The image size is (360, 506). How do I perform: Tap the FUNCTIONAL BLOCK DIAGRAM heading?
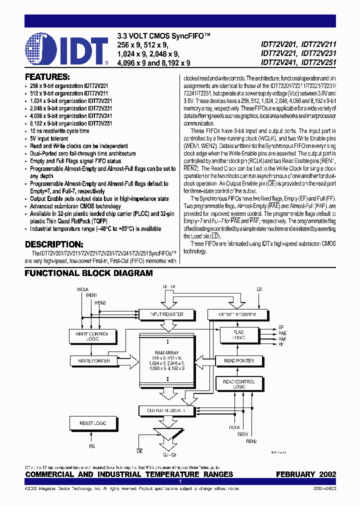[x=89, y=273]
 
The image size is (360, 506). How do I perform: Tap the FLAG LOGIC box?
[x=239, y=334]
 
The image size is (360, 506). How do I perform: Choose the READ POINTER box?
[x=239, y=360]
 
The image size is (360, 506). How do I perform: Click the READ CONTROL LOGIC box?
[x=239, y=384]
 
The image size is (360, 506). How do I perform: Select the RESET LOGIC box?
[x=93, y=423]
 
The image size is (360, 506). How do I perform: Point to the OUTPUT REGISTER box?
[x=165, y=410]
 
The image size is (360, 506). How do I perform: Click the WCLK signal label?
[x=82, y=289]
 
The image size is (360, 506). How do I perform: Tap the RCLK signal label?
[x=234, y=428]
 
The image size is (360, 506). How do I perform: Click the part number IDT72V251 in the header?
[x=316, y=63]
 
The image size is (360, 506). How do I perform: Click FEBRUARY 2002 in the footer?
[x=305, y=474]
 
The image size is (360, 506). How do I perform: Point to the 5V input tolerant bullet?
[x=50, y=138]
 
